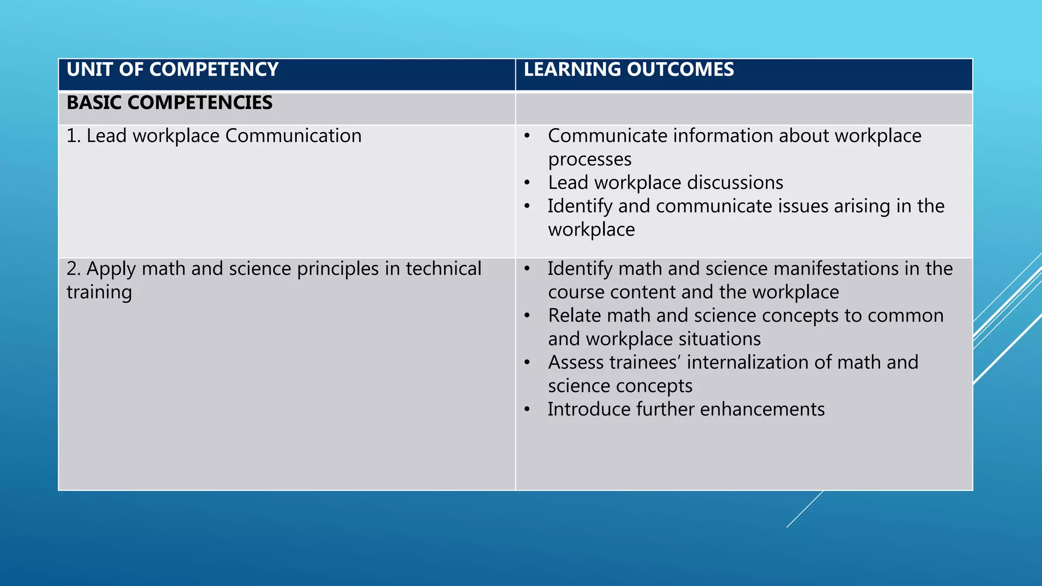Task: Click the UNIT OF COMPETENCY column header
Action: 172,70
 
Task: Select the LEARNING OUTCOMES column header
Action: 629,70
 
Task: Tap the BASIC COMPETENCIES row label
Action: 169,103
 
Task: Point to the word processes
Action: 590,159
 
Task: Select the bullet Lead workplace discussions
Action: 665,183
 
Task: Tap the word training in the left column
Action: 99,292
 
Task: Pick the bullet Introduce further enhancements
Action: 686,409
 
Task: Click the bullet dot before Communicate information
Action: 528,136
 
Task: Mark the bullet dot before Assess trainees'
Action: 528,363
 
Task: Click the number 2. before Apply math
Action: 73,269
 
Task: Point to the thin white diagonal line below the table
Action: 804,509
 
